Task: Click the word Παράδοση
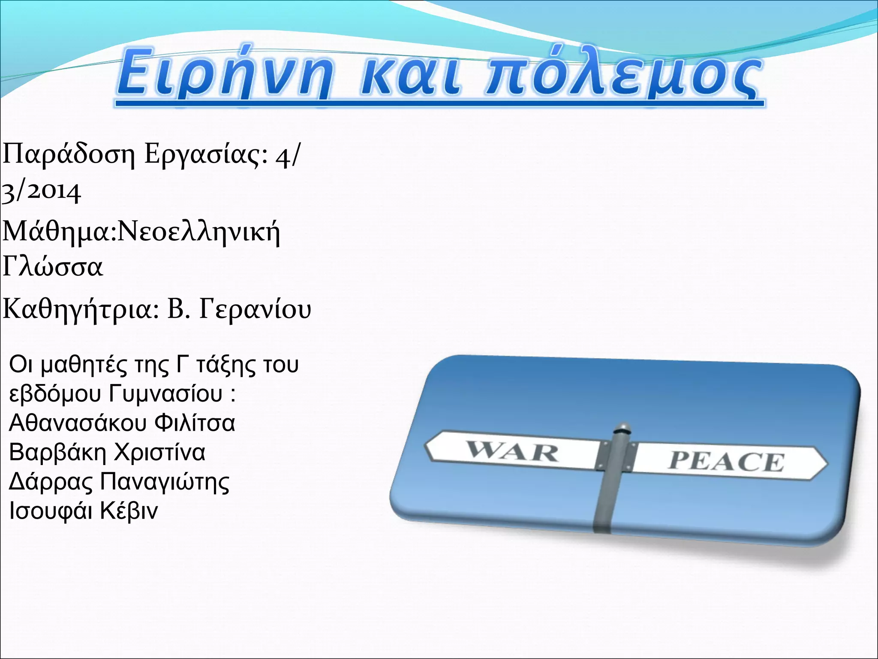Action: click(69, 156)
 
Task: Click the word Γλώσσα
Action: click(53, 267)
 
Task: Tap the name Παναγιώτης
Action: click(165, 481)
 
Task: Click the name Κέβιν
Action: click(129, 511)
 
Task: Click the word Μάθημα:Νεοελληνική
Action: click(141, 232)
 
